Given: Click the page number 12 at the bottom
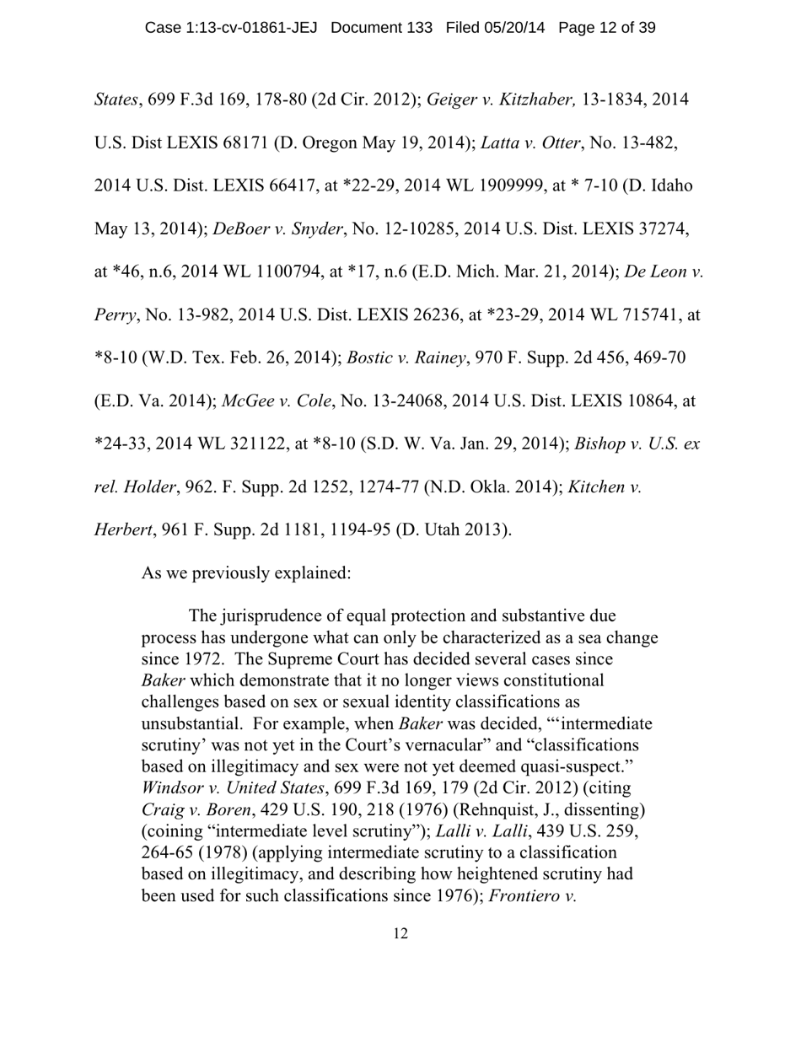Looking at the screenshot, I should click(x=400, y=933).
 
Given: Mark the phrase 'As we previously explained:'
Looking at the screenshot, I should click(x=246, y=572).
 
